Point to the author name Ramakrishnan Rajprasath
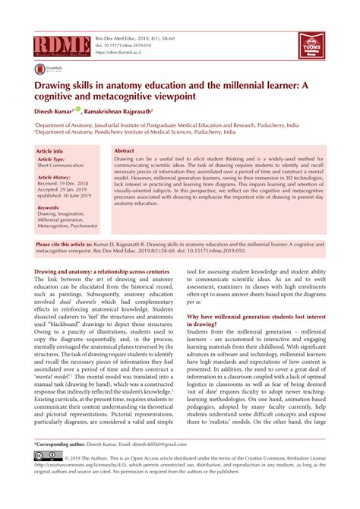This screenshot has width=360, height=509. pos(131,111)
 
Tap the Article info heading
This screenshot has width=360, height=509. pos(50,152)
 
